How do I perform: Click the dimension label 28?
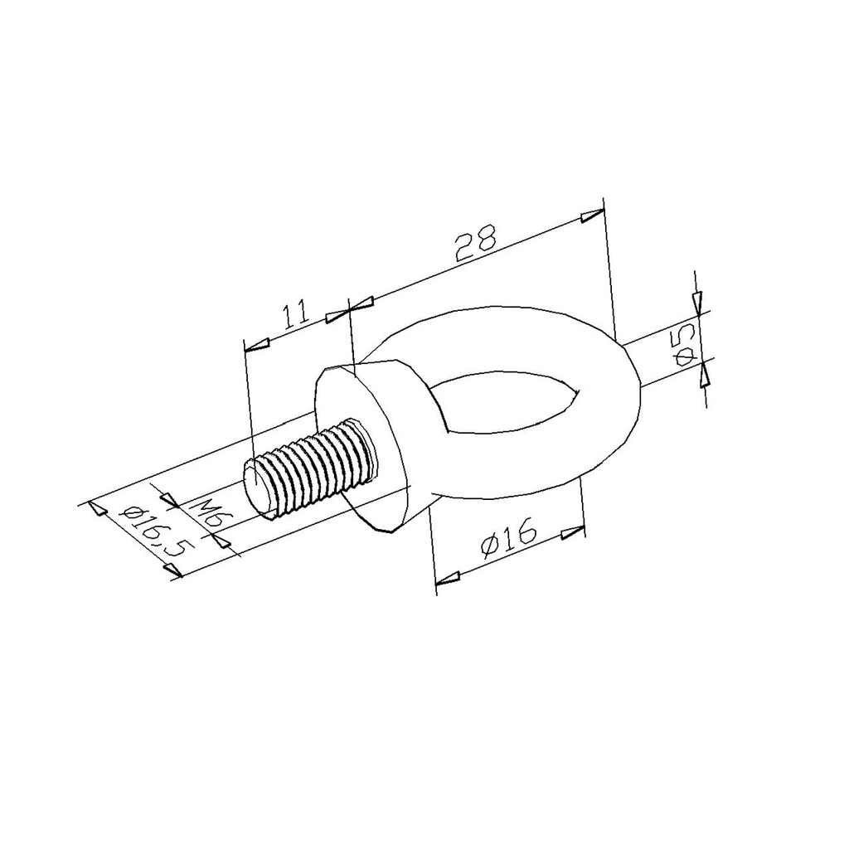pos(476,245)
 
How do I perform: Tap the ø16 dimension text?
pos(508,537)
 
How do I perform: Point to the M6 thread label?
pos(206,514)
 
